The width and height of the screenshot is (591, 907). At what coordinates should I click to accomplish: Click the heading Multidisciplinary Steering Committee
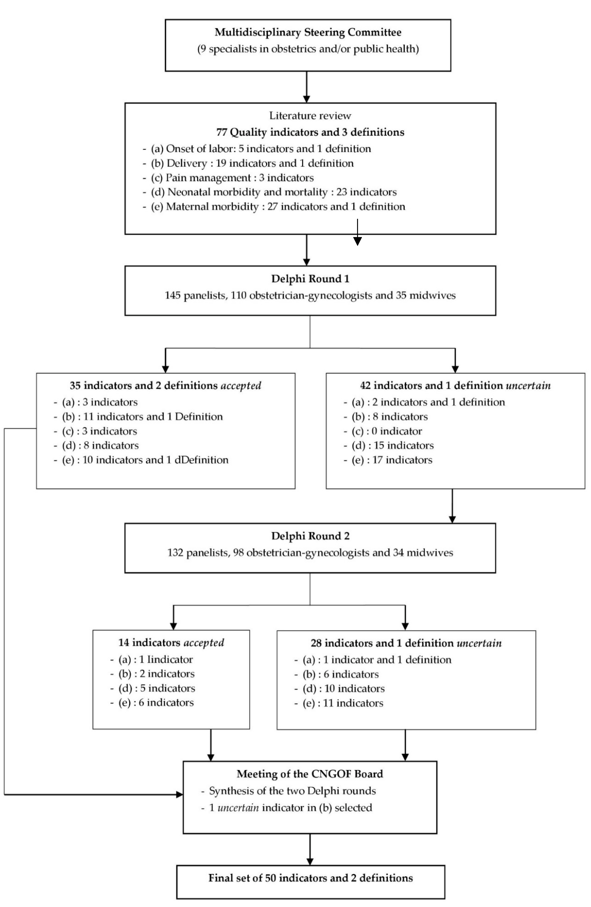tap(308, 32)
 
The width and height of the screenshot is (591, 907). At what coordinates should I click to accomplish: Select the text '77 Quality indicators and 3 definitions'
tap(310, 132)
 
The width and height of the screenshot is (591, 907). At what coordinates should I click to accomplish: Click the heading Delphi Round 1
tap(310, 279)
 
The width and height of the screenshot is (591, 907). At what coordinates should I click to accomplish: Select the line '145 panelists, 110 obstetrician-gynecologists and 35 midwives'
tap(310, 295)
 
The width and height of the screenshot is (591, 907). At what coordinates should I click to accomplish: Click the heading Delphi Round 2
tap(310, 536)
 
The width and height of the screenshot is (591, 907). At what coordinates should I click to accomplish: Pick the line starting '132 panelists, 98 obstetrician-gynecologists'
tap(310, 553)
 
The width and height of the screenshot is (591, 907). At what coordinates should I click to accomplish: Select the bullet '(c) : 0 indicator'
tap(386, 431)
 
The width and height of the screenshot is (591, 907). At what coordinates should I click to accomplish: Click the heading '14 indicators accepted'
tap(171, 643)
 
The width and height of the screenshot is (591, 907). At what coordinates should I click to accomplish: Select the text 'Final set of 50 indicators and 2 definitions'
tap(310, 878)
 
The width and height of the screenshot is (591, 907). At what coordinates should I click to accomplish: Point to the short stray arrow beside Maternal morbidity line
tap(357, 232)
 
